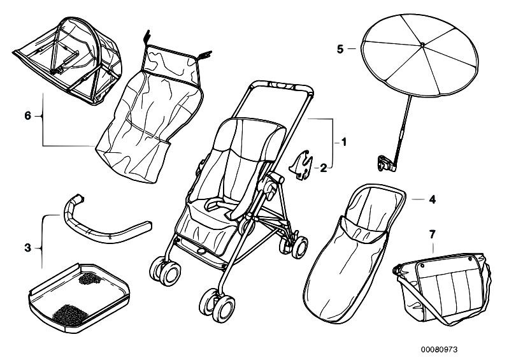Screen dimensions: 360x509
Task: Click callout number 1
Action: pyautogui.click(x=344, y=143)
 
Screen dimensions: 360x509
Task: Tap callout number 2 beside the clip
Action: pyautogui.click(x=324, y=168)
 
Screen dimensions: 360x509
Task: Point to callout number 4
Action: pyautogui.click(x=432, y=199)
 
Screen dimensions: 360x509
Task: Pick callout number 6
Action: pyautogui.click(x=27, y=116)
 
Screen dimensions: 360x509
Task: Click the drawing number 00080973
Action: pyautogui.click(x=457, y=349)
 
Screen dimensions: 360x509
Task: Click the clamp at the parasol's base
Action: pyautogui.click(x=385, y=163)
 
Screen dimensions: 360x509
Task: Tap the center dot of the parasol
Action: pyautogui.click(x=422, y=45)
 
